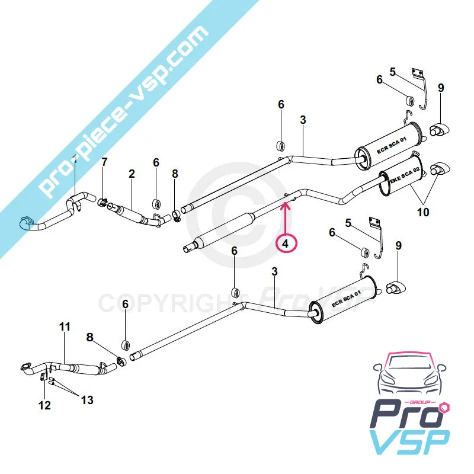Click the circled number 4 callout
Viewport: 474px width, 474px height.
[x=286, y=242]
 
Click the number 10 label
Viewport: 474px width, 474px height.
[x=423, y=212]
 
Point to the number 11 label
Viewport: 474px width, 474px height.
[x=65, y=326]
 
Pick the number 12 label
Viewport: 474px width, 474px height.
[x=44, y=405]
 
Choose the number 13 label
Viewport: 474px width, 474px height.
[x=87, y=401]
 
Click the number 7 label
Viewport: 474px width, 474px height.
[x=104, y=162]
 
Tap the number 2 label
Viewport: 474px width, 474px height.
[x=132, y=174]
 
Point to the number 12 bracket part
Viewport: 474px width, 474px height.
[x=44, y=377]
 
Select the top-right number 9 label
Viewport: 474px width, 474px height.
[x=440, y=88]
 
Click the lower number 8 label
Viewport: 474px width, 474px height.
[x=89, y=337]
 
